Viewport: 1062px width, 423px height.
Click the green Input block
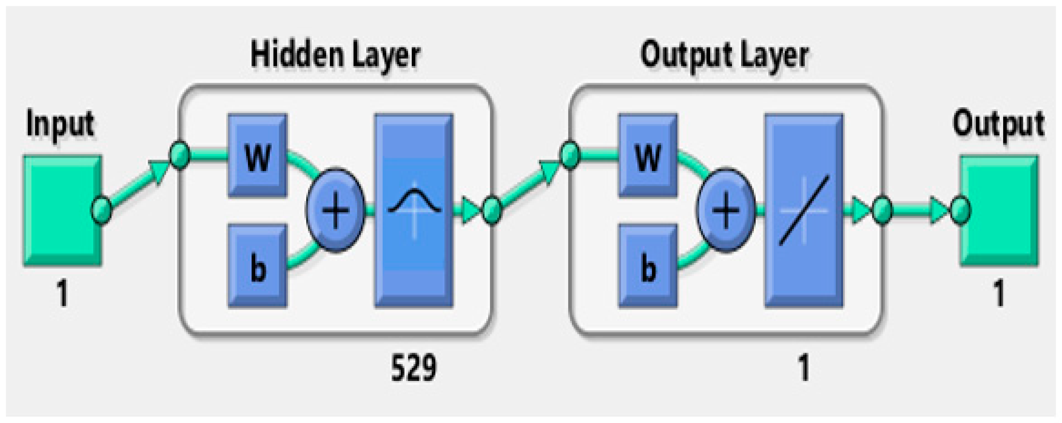tap(62, 210)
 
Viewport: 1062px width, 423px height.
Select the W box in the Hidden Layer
tap(258, 156)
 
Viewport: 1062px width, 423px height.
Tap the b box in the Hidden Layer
tap(258, 266)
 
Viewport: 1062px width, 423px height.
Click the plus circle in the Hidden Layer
tap(335, 210)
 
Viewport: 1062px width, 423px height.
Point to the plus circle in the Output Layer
tap(726, 210)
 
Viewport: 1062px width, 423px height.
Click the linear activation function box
tap(804, 210)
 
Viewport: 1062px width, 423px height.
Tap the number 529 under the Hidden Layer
tap(413, 368)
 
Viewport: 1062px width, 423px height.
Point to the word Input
tap(60, 124)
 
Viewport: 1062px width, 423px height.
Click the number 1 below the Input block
tap(62, 293)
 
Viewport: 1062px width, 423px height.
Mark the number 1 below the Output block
tap(999, 293)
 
